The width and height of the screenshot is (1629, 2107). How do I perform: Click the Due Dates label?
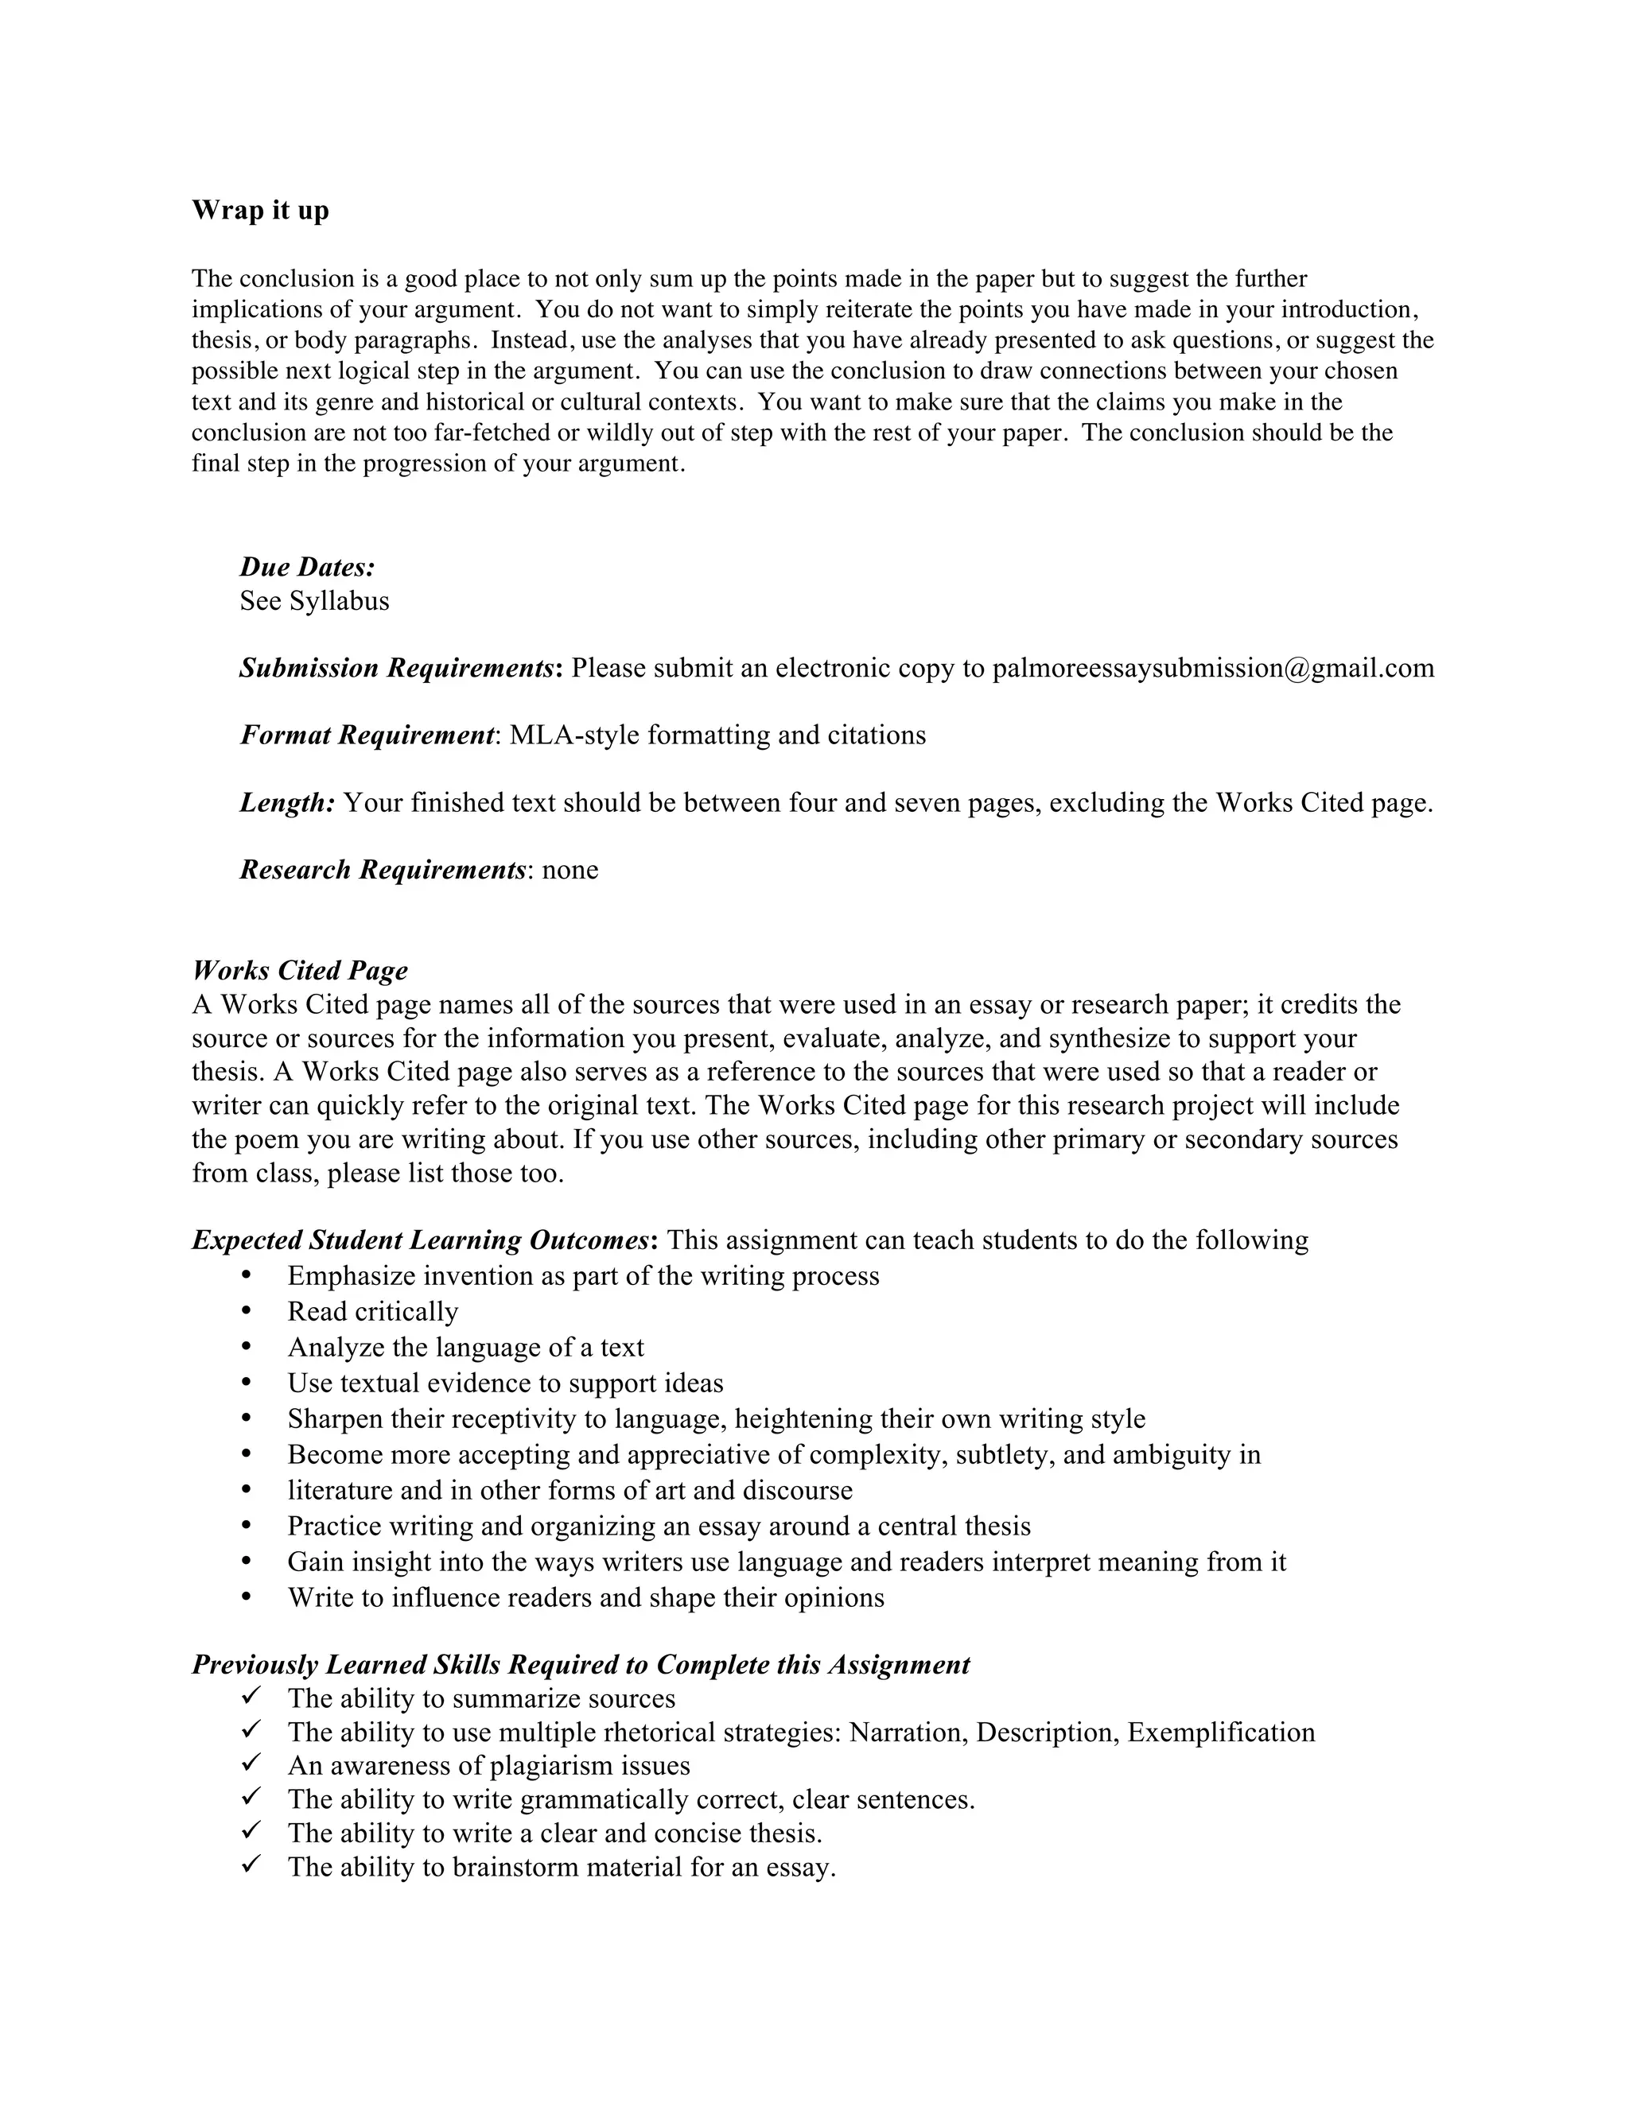[x=307, y=566]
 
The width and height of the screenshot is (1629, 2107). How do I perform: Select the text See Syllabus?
[x=315, y=601]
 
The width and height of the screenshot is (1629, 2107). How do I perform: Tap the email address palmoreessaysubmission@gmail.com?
[x=1213, y=668]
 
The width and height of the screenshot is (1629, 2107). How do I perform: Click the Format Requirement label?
[x=367, y=735]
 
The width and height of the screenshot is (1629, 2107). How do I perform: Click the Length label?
[x=286, y=803]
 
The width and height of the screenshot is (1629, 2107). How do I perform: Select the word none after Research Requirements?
[x=570, y=870]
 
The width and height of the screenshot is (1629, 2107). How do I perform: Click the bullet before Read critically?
[x=247, y=1311]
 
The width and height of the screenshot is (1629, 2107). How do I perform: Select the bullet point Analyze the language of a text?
[x=465, y=1347]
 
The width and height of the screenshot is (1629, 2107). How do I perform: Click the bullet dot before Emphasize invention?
[x=247, y=1275]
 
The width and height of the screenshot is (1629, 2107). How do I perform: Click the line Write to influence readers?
[x=585, y=1597]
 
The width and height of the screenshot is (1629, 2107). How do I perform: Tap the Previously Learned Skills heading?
[x=580, y=1664]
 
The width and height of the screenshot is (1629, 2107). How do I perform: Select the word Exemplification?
[x=1221, y=1732]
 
